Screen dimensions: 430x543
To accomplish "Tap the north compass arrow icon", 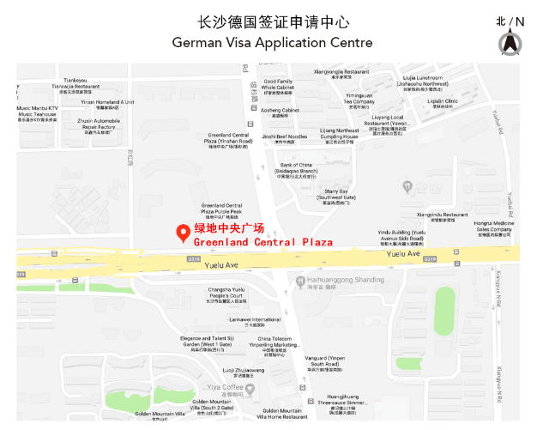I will pos(510,42).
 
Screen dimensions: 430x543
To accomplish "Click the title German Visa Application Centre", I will pos(272,42).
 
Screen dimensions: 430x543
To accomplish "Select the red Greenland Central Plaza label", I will pos(256,236).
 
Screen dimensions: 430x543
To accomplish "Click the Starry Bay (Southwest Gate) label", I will pos(335,195).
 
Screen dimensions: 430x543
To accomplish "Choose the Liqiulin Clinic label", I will pos(443,102).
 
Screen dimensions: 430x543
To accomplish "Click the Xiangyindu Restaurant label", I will pos(443,216).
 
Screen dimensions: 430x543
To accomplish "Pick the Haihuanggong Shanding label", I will pos(347,281).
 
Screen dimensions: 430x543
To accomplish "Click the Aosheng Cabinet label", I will pos(280,112).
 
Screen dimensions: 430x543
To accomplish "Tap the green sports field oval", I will pos(444,311).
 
